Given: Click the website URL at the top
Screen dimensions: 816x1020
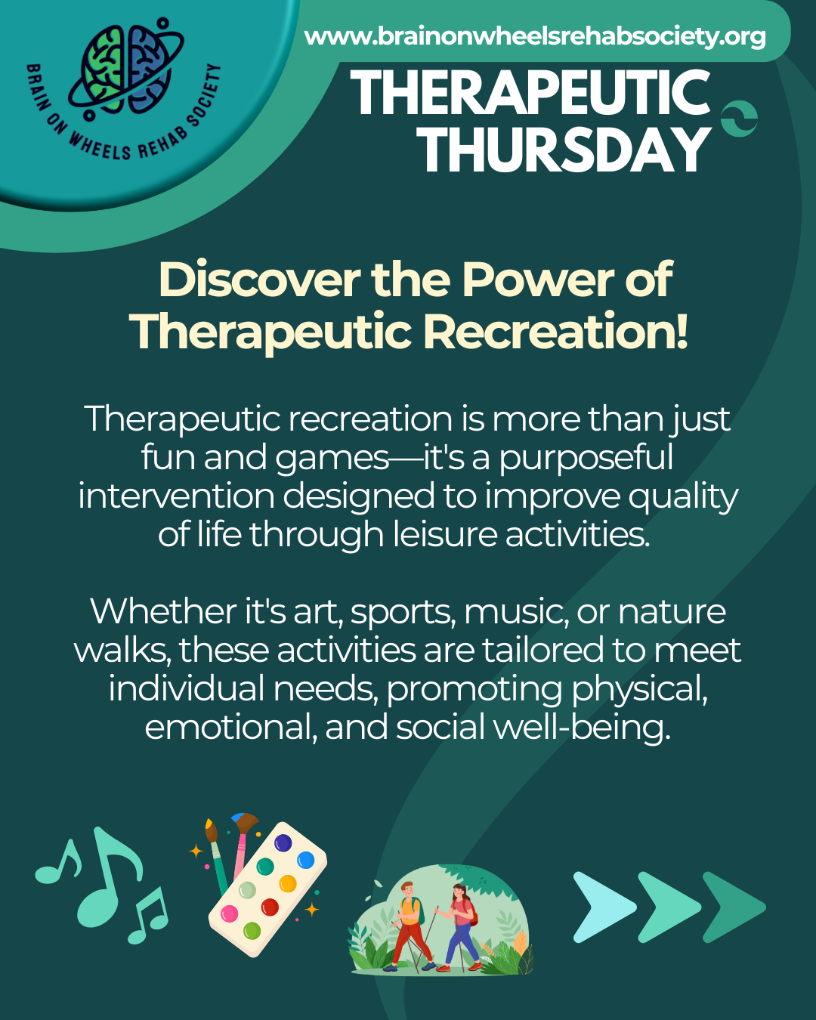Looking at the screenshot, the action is pyautogui.click(x=535, y=36).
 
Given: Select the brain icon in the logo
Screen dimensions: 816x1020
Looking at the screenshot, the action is pyautogui.click(x=125, y=69).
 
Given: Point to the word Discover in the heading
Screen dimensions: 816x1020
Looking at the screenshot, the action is pyautogui.click(x=259, y=280).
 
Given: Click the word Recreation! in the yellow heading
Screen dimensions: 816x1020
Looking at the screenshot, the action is pyautogui.click(x=555, y=331).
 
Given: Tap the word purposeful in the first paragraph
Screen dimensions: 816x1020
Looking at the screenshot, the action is pyautogui.click(x=586, y=459).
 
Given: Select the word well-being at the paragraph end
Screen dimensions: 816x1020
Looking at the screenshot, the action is pyautogui.click(x=583, y=728).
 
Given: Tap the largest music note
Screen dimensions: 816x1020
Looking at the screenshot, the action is pyautogui.click(x=110, y=877).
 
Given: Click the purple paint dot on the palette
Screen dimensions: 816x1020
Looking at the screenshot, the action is pyautogui.click(x=283, y=843).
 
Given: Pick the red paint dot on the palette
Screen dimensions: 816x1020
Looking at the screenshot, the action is pyautogui.click(x=270, y=907).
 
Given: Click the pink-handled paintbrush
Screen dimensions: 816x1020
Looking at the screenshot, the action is pyautogui.click(x=243, y=845).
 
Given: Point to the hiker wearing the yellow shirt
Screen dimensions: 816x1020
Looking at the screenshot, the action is pyautogui.click(x=409, y=926).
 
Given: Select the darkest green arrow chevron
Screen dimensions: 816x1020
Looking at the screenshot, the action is pyautogui.click(x=734, y=907).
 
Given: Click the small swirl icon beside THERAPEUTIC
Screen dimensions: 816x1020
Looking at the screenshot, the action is pyautogui.click(x=739, y=119).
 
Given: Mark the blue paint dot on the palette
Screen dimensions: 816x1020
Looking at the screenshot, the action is pyautogui.click(x=305, y=860).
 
